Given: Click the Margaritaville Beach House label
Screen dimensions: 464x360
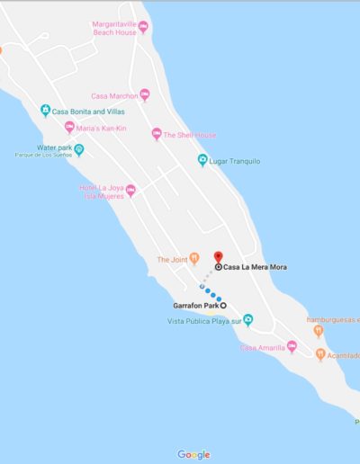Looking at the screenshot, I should click(113, 28).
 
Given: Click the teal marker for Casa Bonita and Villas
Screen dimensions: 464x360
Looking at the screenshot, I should click(46, 112).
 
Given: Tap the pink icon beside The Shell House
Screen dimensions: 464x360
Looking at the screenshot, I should click(156, 135).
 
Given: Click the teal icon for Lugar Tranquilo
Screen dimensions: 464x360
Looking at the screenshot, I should click(202, 160).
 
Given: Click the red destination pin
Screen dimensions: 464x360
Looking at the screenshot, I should click(218, 257).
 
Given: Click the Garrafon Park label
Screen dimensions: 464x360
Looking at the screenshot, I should click(195, 306).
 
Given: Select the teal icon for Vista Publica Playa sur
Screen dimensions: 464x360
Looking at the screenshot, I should click(248, 320).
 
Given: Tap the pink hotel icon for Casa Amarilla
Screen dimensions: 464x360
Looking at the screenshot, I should click(292, 347).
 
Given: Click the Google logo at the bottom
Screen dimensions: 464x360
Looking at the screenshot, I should click(193, 454).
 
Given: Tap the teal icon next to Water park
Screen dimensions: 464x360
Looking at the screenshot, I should click(78, 149).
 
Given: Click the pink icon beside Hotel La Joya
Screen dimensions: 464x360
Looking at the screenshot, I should click(130, 191).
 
